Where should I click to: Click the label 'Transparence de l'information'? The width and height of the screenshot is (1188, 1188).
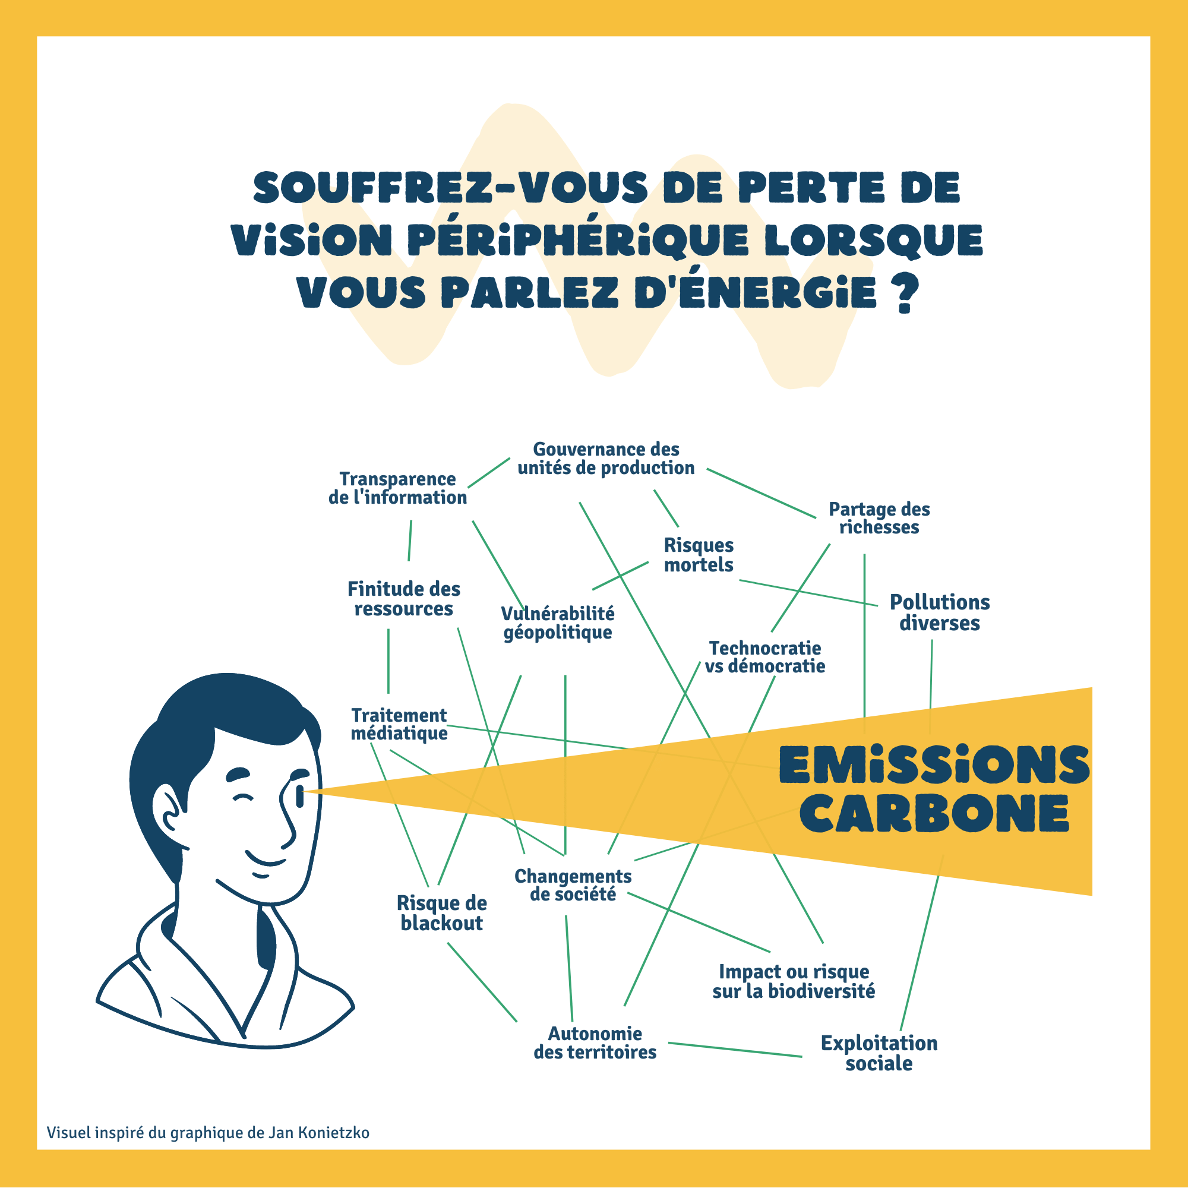coord(398,488)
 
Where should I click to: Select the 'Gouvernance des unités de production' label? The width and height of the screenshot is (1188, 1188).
coord(606,459)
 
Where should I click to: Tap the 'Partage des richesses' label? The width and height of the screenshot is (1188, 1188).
coord(879,518)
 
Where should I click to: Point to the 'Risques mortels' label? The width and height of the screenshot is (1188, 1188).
coord(699,555)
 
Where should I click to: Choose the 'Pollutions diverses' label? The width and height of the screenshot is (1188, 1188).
coord(940,612)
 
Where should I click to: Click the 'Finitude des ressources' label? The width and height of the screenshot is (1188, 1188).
coord(403,599)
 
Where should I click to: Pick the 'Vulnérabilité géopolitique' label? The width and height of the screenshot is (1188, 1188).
coord(558,623)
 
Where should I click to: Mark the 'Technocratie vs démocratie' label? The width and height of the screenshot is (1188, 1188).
coord(765,657)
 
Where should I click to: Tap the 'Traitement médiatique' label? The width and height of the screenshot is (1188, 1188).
coord(399,723)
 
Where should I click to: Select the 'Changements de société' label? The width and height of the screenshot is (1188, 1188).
coord(573,885)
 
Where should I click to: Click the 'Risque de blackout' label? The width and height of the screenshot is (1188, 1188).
coord(441,912)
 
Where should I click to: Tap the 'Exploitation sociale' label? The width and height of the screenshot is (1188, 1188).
coord(879,1053)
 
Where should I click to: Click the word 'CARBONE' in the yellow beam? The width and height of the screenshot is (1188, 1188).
coord(934,814)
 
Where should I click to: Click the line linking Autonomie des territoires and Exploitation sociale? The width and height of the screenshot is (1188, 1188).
coord(735,1050)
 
